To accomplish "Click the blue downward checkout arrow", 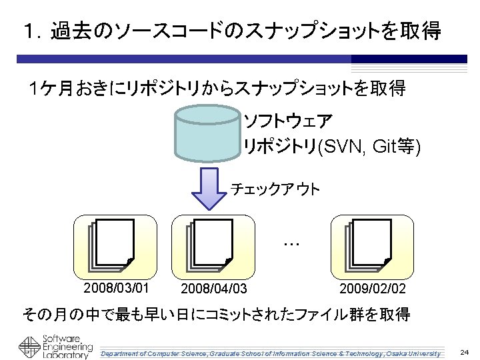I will click(x=209, y=187).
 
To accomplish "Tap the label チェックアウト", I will click(x=275, y=189).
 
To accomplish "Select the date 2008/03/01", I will click(x=115, y=289).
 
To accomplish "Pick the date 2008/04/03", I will click(x=215, y=289).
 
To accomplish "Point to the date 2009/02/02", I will click(x=372, y=289).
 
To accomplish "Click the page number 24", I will click(x=464, y=351).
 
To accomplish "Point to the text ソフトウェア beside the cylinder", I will click(x=288, y=122).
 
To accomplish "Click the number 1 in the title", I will click(x=27, y=31).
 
